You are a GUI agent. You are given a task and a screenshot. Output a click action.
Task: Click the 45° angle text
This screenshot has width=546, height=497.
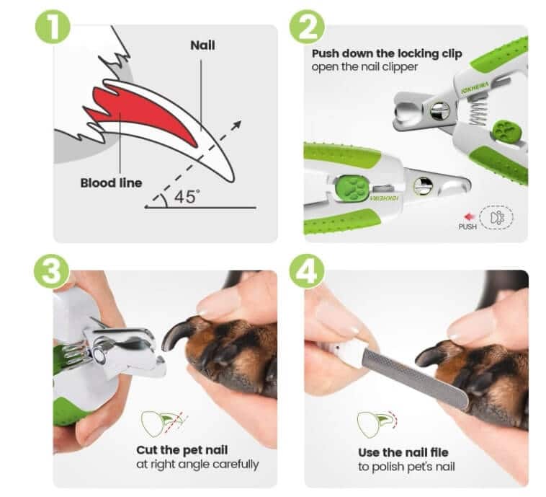pos(186,196)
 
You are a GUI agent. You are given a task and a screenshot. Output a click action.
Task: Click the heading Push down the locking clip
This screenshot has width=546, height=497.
pos(386,54)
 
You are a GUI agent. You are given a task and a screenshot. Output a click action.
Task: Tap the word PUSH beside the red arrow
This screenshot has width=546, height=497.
pos(467,226)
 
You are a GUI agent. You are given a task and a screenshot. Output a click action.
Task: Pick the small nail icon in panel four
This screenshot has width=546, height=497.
pos(375,423)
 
